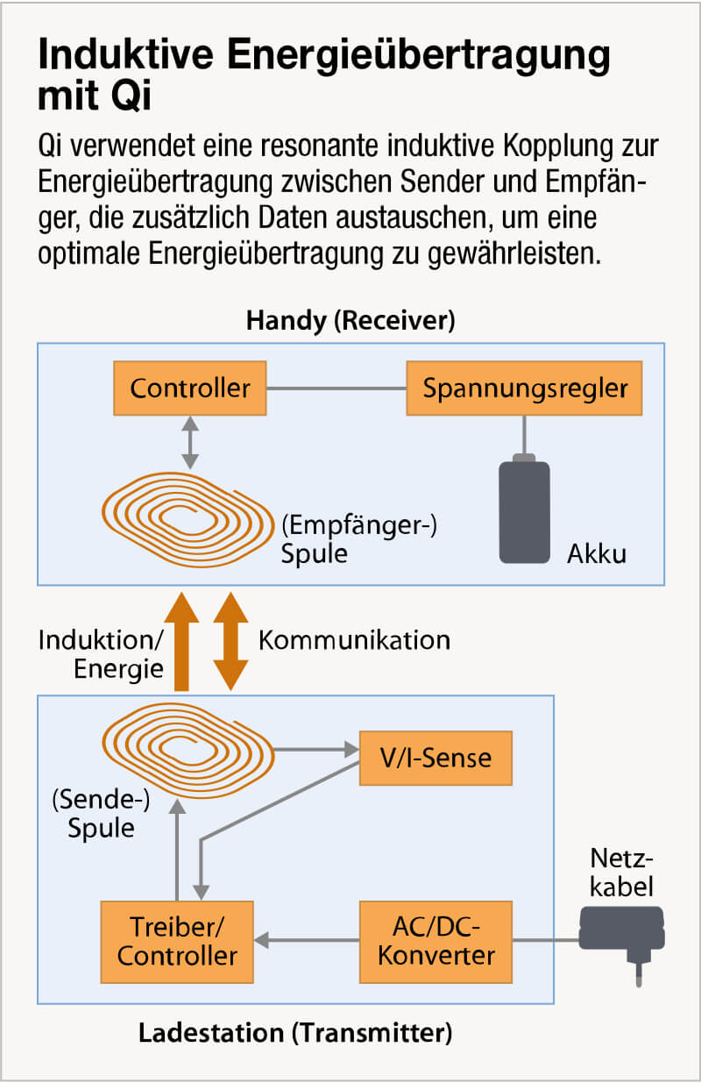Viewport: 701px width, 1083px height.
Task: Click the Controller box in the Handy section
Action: tap(190, 388)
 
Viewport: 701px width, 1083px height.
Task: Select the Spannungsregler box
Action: tap(524, 388)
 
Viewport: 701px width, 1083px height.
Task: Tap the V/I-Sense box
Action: tap(435, 757)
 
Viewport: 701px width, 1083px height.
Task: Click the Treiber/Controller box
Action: tap(177, 941)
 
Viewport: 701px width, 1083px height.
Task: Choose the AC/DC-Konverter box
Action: tap(435, 941)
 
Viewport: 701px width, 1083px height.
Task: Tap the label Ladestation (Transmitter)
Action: tap(295, 1033)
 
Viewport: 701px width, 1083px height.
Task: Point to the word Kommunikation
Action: tap(354, 639)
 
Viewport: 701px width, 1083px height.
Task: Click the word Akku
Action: tap(596, 554)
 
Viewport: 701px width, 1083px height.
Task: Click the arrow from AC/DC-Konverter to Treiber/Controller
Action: tap(307, 941)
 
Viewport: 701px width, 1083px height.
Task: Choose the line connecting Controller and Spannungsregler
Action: tap(336, 388)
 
